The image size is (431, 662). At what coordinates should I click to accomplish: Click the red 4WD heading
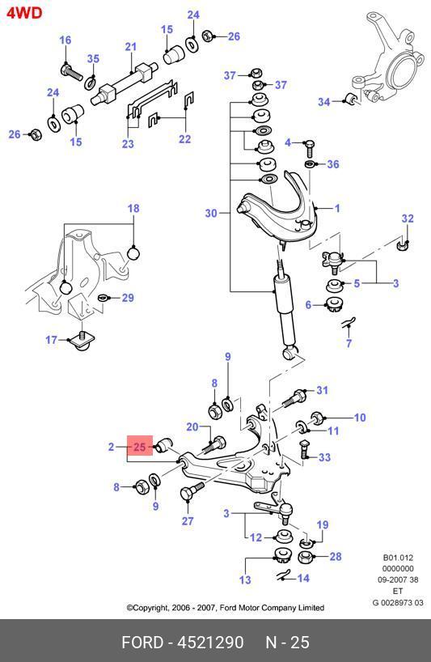point(24,13)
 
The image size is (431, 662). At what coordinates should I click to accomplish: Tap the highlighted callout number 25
point(139,447)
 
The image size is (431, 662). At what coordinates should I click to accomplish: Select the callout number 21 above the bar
point(131,46)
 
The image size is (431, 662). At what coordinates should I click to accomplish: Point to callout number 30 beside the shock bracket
point(211,213)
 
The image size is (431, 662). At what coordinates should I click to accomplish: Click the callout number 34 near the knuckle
point(324,102)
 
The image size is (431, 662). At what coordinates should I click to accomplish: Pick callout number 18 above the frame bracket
point(133,208)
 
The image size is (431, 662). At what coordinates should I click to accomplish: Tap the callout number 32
point(408,219)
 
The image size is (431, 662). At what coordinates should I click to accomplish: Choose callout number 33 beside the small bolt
point(324,456)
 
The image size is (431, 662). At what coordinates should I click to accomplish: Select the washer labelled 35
point(91,83)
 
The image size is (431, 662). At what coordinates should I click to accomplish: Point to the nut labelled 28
point(305,558)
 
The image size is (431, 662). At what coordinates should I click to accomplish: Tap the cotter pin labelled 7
point(349,323)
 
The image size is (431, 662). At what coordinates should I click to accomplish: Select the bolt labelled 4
point(309,148)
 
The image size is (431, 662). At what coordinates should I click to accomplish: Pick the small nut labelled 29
point(103,298)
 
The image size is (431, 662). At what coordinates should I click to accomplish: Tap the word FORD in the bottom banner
point(142,642)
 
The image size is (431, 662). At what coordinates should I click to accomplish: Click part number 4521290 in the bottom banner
point(210,642)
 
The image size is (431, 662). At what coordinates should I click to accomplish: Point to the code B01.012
point(398,558)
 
